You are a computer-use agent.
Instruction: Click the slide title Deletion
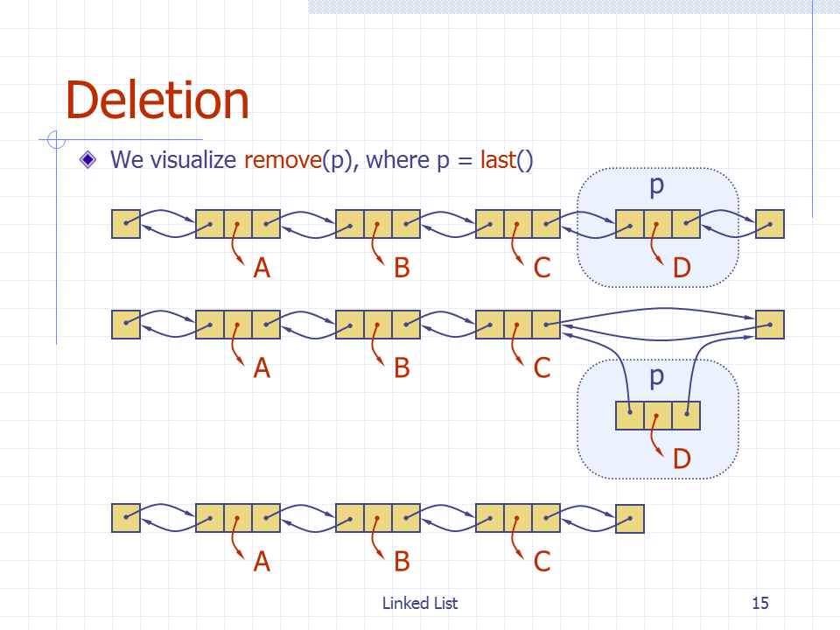point(157,100)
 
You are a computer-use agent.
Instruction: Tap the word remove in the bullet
point(283,159)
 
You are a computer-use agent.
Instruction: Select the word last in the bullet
point(498,159)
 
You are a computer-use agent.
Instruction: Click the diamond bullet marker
point(87,159)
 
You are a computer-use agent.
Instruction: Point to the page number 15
point(760,603)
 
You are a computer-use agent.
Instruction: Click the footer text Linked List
point(420,603)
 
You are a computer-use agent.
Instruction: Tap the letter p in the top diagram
point(657,186)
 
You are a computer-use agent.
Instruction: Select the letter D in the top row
point(682,268)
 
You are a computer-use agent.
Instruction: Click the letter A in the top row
point(262,268)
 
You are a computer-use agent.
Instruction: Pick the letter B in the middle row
point(402,368)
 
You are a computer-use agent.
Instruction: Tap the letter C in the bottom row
point(542,562)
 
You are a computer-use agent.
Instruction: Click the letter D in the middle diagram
point(682,458)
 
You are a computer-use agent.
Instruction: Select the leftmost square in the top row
point(126,224)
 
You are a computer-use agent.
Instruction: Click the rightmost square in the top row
point(770,224)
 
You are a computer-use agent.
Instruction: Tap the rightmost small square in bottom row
point(630,519)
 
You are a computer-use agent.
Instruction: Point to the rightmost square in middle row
point(770,325)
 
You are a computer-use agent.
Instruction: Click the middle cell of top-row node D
point(658,224)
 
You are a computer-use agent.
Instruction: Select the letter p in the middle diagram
point(657,378)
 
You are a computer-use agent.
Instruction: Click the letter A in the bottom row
point(262,562)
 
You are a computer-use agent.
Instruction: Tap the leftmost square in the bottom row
point(126,519)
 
